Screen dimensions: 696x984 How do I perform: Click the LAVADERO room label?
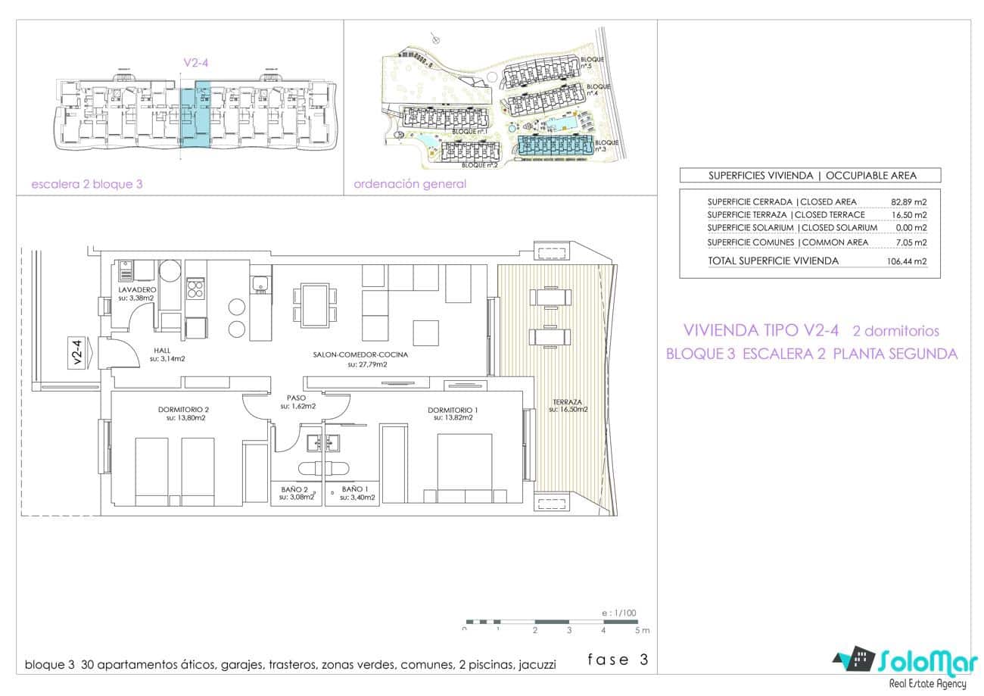[x=137, y=290]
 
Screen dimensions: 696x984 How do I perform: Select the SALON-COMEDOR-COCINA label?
[x=367, y=354]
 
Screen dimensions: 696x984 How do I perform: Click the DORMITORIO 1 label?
[x=452, y=410]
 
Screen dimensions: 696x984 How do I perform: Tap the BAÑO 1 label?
[x=354, y=490]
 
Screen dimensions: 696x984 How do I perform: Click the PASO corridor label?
[x=297, y=398]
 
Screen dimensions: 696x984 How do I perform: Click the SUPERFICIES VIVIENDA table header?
[x=811, y=176]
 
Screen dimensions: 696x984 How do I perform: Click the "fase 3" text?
[x=618, y=660]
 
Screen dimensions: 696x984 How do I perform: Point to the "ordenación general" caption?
[x=409, y=184]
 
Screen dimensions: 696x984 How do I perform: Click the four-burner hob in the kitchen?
[x=195, y=289]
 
